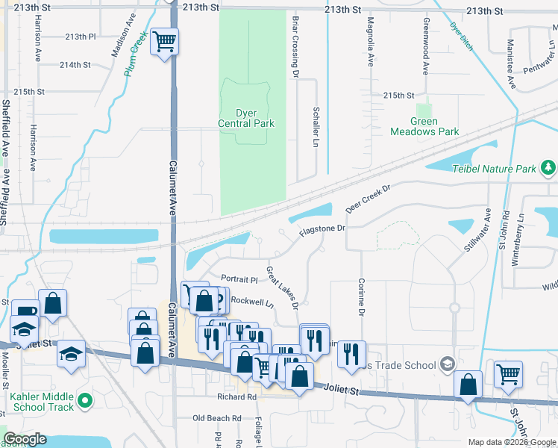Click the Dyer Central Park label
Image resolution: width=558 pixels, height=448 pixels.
coord(245,118)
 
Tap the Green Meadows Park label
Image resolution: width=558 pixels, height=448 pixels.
coord(424,125)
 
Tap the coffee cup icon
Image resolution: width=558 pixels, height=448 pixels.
coord(25,311)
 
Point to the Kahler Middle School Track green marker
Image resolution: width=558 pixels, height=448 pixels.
coord(85,401)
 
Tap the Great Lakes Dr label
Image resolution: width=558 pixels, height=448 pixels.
coord(283,287)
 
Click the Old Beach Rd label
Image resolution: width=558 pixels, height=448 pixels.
coord(217,418)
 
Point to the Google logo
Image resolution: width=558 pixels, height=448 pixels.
coord(25,440)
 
